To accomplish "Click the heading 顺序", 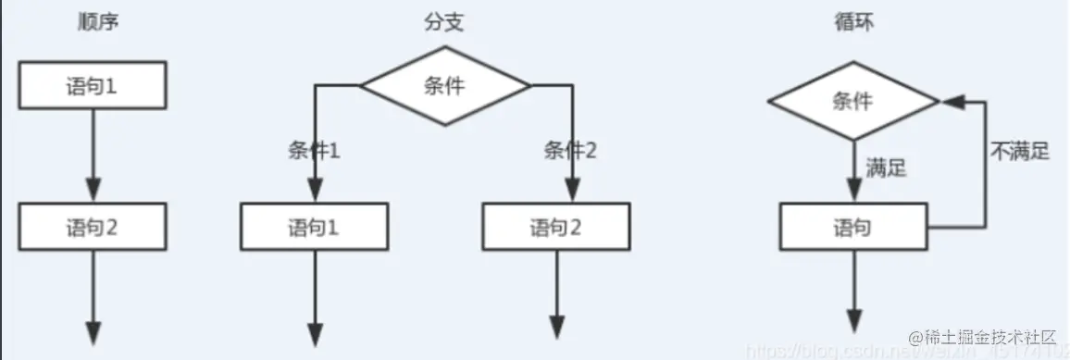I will pos(98,22).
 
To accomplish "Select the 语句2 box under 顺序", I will pos(92,227).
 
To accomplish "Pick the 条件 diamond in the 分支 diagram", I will pos(444,86).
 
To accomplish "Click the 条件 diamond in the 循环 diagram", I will pos(852,101).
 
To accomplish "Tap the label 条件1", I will pos(315,151).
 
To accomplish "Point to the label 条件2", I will pos(571,151).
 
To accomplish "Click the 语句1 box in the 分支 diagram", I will pos(315,227).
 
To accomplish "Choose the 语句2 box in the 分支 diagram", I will pos(556,227).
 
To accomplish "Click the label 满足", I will pos(886,168).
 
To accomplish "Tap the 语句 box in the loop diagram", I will pos(852,227).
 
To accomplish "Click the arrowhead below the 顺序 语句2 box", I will pos(93,331).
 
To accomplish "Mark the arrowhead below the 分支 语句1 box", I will pos(315,331).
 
